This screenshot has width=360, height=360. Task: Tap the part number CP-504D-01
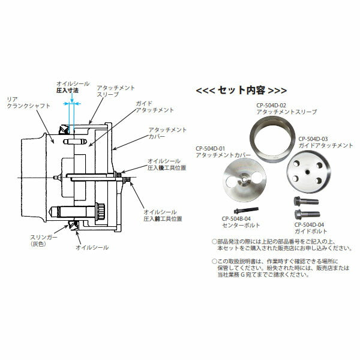211,148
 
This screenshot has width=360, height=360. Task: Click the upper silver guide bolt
302,202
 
